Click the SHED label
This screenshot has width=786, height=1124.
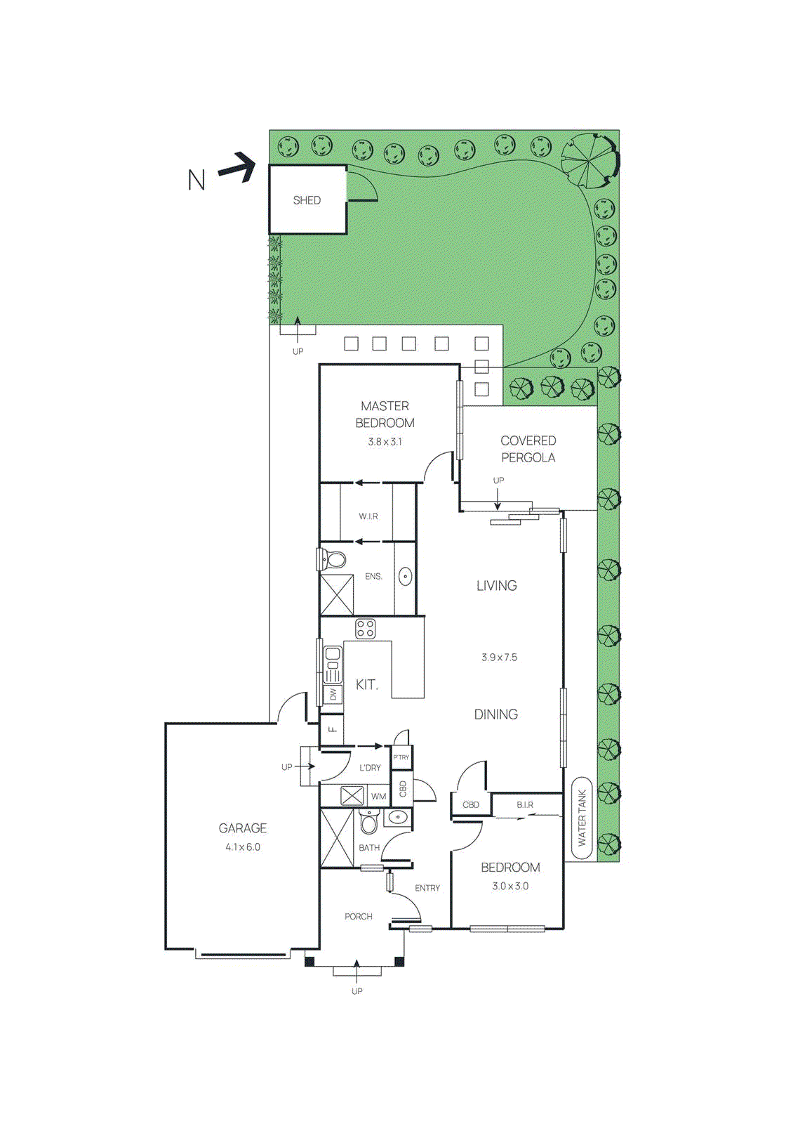pyautogui.click(x=307, y=200)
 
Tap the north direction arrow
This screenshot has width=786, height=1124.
pyautogui.click(x=237, y=168)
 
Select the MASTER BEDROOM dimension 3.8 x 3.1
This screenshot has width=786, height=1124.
pyautogui.click(x=385, y=442)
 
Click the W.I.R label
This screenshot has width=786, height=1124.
pyautogui.click(x=368, y=516)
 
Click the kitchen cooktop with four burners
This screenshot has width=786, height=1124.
pyautogui.click(x=365, y=628)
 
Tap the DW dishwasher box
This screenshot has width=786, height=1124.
pyautogui.click(x=333, y=694)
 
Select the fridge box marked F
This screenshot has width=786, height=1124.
pyautogui.click(x=332, y=729)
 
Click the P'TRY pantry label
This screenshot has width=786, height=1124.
pyautogui.click(x=401, y=757)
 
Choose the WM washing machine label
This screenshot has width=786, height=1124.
pyautogui.click(x=378, y=797)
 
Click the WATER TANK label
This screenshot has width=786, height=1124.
pyautogui.click(x=582, y=818)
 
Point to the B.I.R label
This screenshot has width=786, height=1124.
pyautogui.click(x=525, y=805)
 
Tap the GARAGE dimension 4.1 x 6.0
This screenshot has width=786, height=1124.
pyautogui.click(x=243, y=847)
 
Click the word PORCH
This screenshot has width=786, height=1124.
pyautogui.click(x=358, y=917)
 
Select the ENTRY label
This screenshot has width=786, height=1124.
pyautogui.click(x=427, y=888)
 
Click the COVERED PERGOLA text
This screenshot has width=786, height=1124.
pyautogui.click(x=528, y=449)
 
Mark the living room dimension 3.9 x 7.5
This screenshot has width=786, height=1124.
pyautogui.click(x=499, y=658)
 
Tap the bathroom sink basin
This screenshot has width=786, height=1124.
pyautogui.click(x=397, y=818)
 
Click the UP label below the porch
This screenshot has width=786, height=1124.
pyautogui.click(x=357, y=991)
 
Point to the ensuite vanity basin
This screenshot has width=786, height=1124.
pyautogui.click(x=405, y=577)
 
